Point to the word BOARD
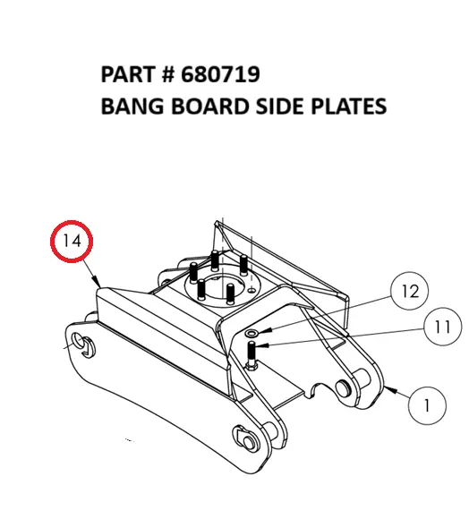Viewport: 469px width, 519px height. [x=197, y=106]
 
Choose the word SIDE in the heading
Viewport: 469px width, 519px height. [x=266, y=106]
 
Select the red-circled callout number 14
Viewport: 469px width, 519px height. [x=72, y=241]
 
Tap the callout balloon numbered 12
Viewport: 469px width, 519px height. [x=410, y=292]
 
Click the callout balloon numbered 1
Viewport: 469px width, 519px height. [x=428, y=405]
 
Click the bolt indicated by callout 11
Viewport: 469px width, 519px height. [x=250, y=354]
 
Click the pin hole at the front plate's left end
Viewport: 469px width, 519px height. [x=81, y=345]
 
